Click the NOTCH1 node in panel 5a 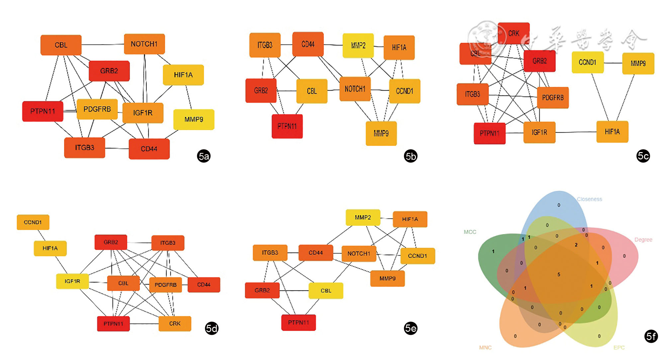point(144,44)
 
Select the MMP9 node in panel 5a point(194,119)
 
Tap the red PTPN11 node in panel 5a point(43,111)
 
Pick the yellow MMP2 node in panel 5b point(358,45)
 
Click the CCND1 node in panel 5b point(404,91)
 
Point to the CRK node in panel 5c point(514,33)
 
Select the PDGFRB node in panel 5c point(553,98)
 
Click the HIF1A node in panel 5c point(612,132)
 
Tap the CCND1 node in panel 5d point(33,222)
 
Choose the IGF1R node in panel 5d point(72,281)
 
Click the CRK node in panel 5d point(175,323)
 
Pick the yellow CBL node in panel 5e point(326,291)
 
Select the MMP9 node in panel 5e point(387,279)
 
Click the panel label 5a point(204,156)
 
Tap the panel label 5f point(651,336)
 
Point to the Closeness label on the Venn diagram point(589,199)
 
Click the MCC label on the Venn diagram point(470,232)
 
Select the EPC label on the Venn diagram point(619,347)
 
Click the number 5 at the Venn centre point(559,275)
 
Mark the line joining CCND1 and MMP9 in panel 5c point(613,63)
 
